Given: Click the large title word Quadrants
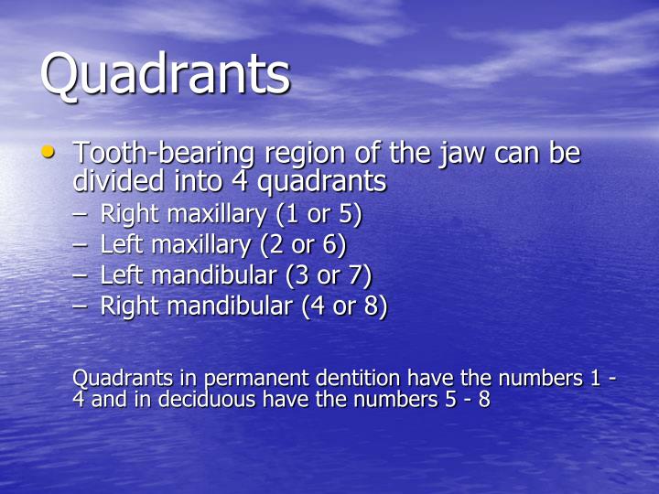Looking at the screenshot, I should [165, 75].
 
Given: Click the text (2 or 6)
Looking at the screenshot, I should [306, 245].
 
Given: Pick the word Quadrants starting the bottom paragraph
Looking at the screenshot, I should [117, 379].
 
